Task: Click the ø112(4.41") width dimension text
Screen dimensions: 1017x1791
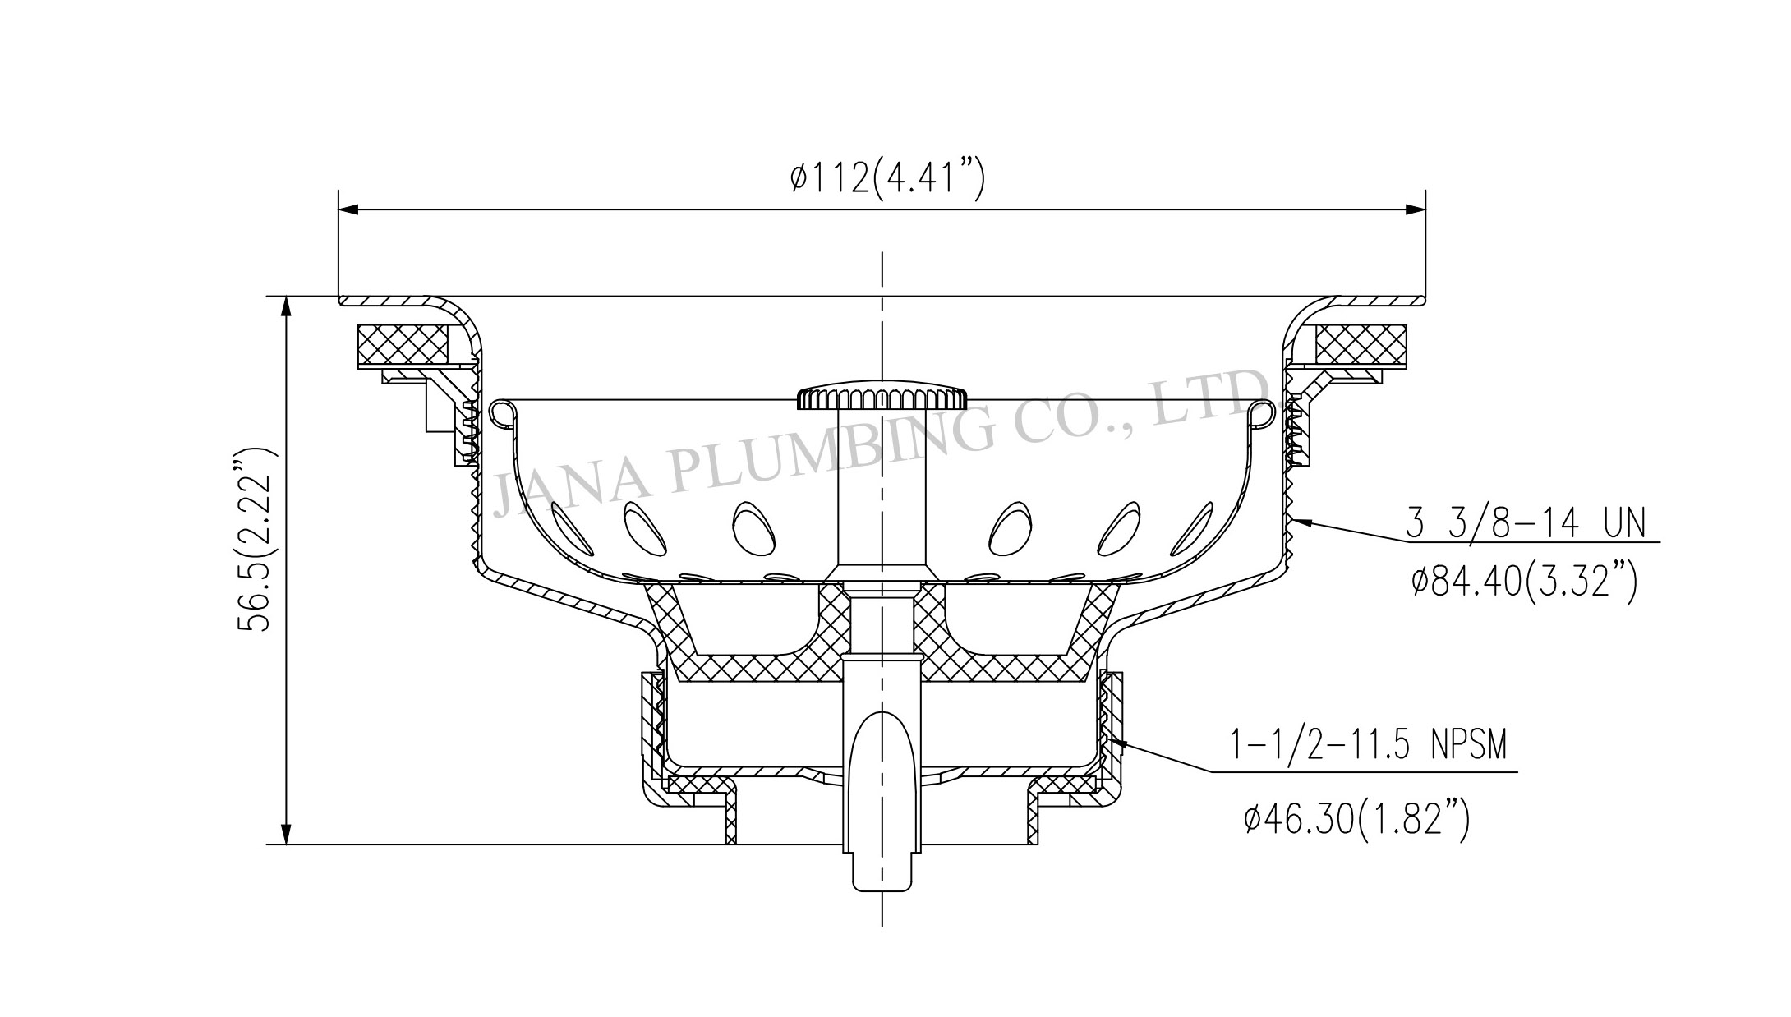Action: (886, 178)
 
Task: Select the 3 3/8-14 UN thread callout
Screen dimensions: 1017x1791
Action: (1525, 523)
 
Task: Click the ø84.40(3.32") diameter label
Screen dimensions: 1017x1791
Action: (1525, 583)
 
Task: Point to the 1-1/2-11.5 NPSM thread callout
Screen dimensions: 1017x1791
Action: (1368, 746)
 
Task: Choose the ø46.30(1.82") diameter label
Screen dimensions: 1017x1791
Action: (1356, 819)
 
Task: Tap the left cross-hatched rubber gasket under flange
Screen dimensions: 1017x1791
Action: (403, 344)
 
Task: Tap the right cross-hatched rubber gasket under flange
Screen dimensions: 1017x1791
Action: (1360, 344)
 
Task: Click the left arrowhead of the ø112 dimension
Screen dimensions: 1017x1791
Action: (348, 209)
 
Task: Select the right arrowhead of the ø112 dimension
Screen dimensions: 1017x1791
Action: (1415, 209)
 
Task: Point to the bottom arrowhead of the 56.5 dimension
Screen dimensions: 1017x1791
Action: (286, 834)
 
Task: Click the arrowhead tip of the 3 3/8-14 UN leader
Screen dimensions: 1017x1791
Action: (1295, 520)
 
